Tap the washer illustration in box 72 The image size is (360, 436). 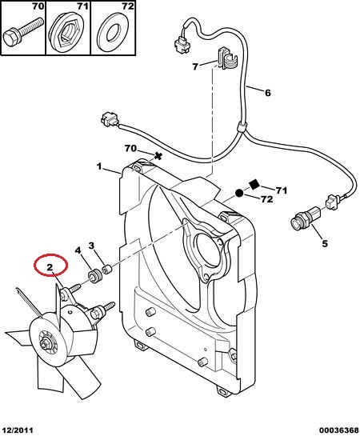(x=112, y=34)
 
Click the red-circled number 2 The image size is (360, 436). (x=50, y=267)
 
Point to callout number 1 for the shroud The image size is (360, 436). (x=99, y=166)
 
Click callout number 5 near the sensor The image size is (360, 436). (x=325, y=243)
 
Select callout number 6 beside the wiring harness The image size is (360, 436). (x=267, y=93)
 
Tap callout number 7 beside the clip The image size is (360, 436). (x=195, y=66)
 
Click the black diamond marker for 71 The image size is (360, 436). (x=254, y=184)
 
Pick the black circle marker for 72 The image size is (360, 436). (x=239, y=193)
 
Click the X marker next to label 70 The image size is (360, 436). (x=158, y=156)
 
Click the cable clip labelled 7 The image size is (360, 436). (x=227, y=58)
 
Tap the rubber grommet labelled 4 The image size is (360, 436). (x=94, y=275)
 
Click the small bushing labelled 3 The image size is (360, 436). (x=106, y=269)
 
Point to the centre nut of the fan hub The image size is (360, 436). (x=46, y=344)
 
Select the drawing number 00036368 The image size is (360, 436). (x=339, y=430)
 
